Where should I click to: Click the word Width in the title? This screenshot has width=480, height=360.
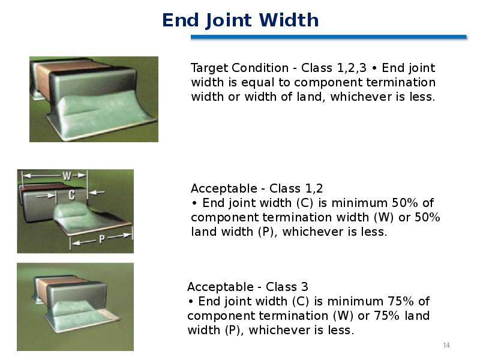[289, 20]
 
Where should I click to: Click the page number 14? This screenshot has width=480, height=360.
[446, 346]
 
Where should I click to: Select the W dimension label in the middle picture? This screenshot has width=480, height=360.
[67, 176]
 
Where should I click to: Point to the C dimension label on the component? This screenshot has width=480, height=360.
[71, 194]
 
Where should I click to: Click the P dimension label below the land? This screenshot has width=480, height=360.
[101, 239]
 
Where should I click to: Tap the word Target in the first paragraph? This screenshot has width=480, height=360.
[209, 68]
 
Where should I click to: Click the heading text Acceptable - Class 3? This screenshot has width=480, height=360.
[248, 287]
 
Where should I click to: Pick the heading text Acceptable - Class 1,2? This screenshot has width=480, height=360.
[257, 188]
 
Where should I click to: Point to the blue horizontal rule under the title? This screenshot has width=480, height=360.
[328, 37]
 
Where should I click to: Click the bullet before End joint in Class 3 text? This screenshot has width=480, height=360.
[191, 302]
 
